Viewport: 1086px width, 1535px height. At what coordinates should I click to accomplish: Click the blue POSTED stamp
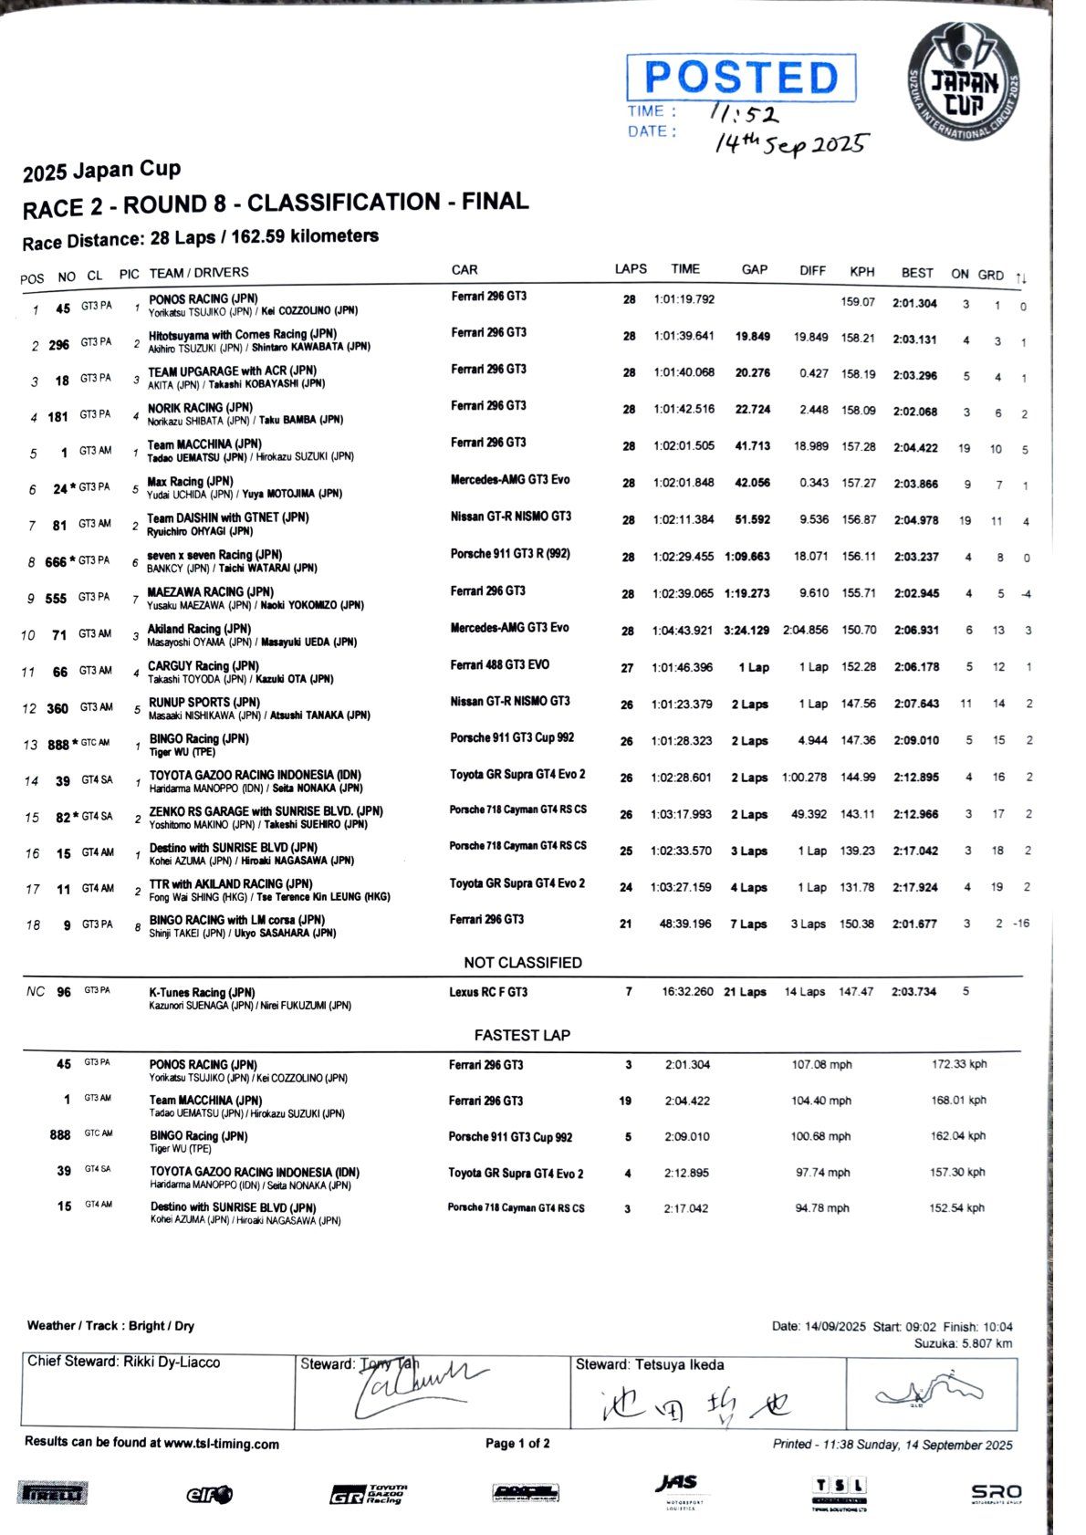[741, 78]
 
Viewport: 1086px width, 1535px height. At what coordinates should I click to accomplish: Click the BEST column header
[917, 272]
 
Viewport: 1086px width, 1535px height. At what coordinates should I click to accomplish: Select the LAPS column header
[630, 269]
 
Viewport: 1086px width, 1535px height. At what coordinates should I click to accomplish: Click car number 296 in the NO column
[58, 345]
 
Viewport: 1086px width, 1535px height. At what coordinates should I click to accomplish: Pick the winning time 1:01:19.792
[684, 299]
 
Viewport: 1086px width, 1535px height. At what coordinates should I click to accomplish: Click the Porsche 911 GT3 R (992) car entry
[511, 554]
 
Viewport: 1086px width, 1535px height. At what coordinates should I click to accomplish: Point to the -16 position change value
[1019, 924]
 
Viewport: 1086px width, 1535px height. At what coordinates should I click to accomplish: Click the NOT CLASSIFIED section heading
[522, 963]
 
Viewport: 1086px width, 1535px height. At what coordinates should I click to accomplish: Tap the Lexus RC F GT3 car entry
[488, 992]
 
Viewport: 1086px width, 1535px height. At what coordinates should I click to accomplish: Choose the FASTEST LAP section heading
[522, 1035]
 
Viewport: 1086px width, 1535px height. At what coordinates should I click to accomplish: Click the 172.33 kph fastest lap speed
[959, 1064]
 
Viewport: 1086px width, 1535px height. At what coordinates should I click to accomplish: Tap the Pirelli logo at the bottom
[53, 1494]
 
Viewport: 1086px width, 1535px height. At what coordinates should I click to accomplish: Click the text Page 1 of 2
[517, 1444]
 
